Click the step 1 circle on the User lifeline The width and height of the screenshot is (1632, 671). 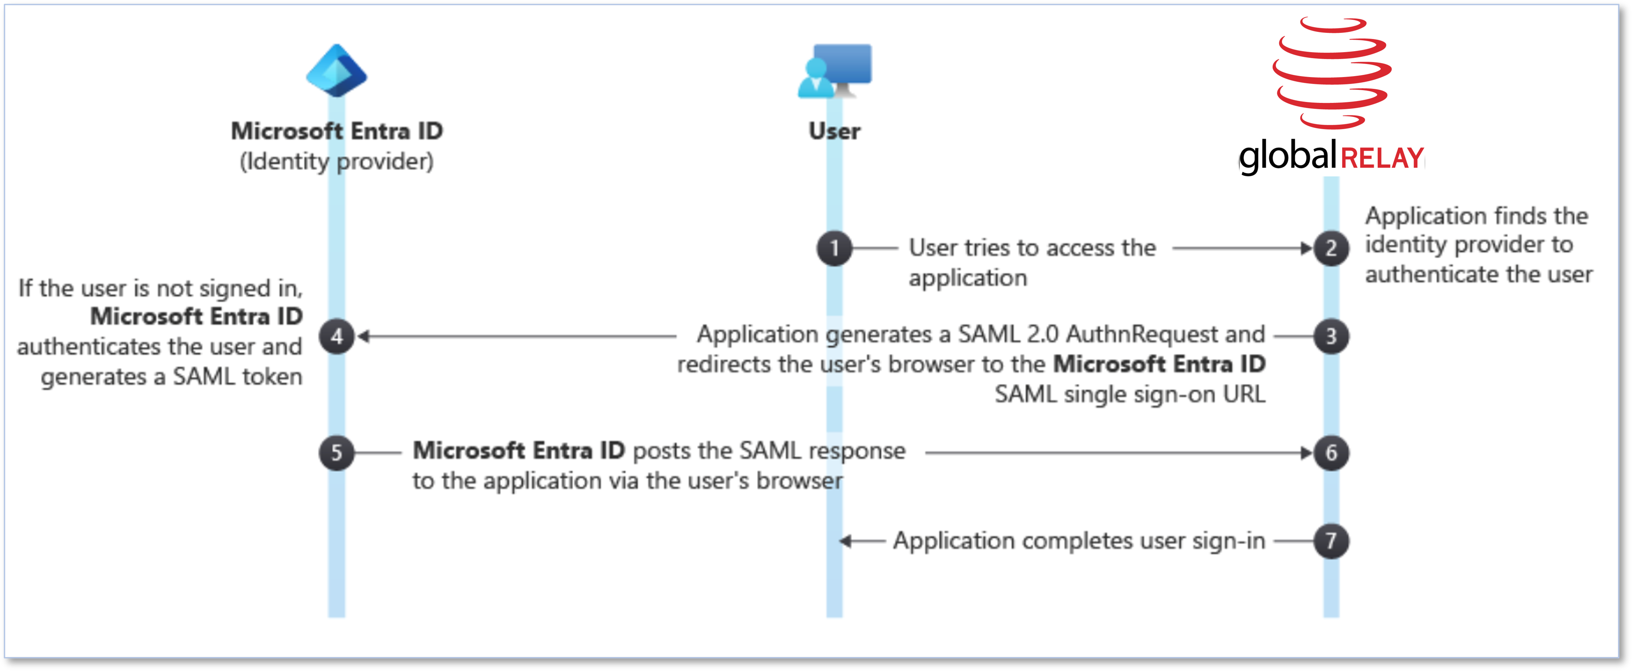pyautogui.click(x=834, y=248)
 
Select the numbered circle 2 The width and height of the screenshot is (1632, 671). pyautogui.click(x=1331, y=248)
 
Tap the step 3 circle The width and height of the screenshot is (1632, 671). pyautogui.click(x=1331, y=336)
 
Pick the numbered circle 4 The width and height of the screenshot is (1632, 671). pyautogui.click(x=337, y=336)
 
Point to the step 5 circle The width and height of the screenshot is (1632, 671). pyautogui.click(x=337, y=453)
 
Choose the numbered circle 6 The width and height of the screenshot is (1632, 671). pyautogui.click(x=1331, y=453)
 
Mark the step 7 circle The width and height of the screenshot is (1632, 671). pyautogui.click(x=1331, y=541)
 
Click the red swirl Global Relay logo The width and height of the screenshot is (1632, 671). pyautogui.click(x=1332, y=72)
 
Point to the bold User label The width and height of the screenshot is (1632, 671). pyautogui.click(x=834, y=131)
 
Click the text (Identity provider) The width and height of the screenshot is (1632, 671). pyautogui.click(x=337, y=162)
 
